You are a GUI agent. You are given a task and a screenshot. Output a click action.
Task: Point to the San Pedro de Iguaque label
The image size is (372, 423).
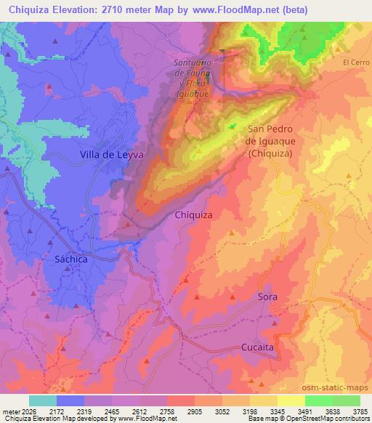(x=270, y=141)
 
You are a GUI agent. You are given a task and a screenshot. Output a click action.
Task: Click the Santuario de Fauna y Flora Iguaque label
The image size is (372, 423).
(x=192, y=78)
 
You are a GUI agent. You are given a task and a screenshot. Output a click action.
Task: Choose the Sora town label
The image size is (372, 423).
(x=267, y=297)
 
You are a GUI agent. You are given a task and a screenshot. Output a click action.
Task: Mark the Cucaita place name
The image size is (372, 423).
(x=257, y=348)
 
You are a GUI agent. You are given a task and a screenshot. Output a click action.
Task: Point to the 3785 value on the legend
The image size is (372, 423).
(x=360, y=411)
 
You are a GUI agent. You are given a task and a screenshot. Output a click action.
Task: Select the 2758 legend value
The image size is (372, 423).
(x=167, y=411)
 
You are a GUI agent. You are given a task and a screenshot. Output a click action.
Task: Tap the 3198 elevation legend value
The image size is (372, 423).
(x=249, y=411)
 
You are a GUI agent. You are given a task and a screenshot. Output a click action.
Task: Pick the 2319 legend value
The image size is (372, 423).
(x=84, y=411)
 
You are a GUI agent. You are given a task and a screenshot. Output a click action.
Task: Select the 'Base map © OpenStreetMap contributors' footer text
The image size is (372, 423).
(x=307, y=419)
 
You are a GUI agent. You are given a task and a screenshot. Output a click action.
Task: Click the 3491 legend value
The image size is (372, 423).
(x=304, y=411)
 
